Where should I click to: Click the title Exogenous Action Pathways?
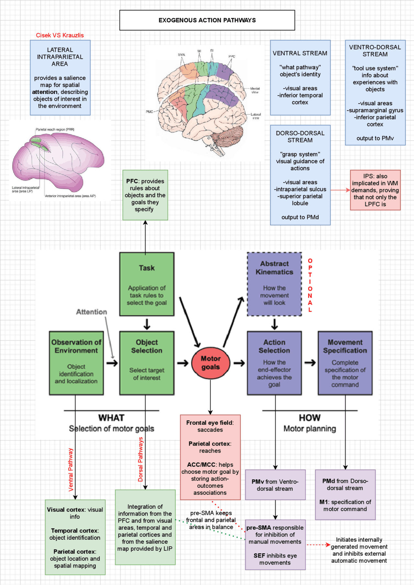207,20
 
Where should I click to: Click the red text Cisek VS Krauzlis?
60,35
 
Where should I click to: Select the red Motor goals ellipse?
211,363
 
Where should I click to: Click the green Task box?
147,284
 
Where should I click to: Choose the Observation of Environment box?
76,363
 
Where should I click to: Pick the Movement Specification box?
345,363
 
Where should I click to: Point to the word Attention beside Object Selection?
92,312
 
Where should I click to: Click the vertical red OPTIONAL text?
310,285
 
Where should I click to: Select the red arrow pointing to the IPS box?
340,190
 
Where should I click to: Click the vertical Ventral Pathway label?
71,470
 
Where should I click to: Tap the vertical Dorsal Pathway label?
140,459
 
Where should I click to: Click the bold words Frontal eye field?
209,423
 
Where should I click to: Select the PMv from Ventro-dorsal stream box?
275,485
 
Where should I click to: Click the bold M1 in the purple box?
323,502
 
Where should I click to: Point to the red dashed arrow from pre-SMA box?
318,545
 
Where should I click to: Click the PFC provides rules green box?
145,195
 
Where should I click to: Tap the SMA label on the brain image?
181,55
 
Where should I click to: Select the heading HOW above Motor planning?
309,418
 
